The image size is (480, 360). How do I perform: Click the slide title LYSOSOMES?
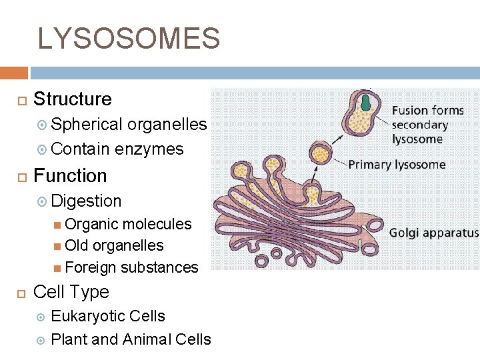click(129, 39)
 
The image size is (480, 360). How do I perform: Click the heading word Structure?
click(73, 99)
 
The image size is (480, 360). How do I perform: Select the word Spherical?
click(87, 125)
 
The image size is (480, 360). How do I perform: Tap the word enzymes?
click(149, 149)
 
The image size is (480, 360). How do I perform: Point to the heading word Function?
click(70, 176)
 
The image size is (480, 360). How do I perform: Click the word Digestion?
click(86, 201)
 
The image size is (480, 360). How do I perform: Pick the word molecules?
click(160, 224)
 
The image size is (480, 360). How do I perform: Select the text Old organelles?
click(114, 245)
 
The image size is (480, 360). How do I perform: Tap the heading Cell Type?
click(71, 292)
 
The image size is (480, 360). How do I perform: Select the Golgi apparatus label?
click(434, 233)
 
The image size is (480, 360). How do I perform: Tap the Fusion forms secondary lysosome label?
click(427, 125)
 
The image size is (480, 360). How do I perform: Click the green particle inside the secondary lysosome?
click(366, 102)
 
